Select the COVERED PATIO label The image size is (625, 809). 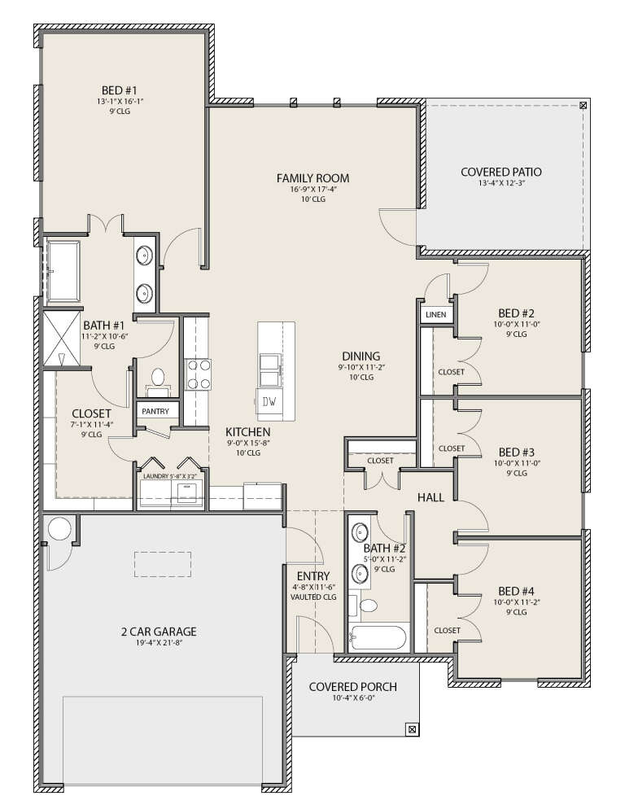pyautogui.click(x=501, y=172)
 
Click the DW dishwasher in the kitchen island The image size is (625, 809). pyautogui.click(x=269, y=400)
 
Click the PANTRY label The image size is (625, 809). pyautogui.click(x=155, y=412)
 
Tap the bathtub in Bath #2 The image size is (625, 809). pyautogui.click(x=378, y=636)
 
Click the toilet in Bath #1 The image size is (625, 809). pyautogui.click(x=157, y=377)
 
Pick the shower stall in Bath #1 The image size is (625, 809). pyautogui.click(x=63, y=338)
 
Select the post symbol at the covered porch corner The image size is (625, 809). pyautogui.click(x=412, y=729)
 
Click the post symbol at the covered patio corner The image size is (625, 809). pyautogui.click(x=583, y=106)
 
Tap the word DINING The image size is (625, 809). pyautogui.click(x=361, y=356)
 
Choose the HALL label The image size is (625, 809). pyautogui.click(x=431, y=497)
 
